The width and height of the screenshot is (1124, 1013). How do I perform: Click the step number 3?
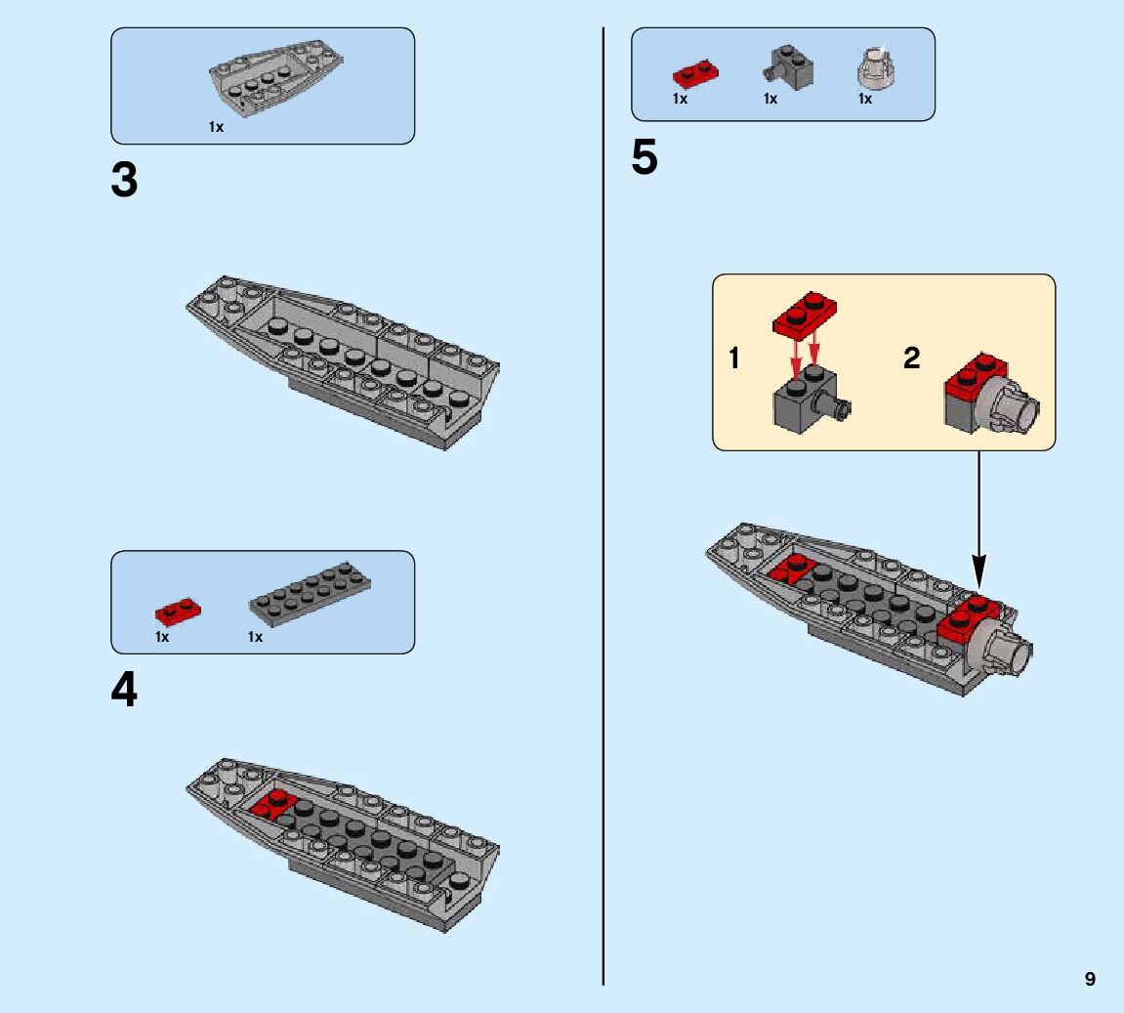(x=124, y=181)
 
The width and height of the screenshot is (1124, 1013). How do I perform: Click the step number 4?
(x=124, y=691)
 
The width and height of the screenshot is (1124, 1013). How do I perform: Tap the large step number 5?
(x=645, y=158)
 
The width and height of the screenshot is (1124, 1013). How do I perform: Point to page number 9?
(x=1090, y=980)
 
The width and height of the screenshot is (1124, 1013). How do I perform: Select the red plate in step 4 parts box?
(x=177, y=612)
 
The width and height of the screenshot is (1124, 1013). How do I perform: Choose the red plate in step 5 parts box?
(x=695, y=72)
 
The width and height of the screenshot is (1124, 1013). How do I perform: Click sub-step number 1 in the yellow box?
(x=733, y=359)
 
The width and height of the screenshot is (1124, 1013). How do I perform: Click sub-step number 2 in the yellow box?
(x=911, y=359)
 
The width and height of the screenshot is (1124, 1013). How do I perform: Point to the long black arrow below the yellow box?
(x=978, y=518)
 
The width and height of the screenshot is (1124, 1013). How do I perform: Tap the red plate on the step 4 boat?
(x=273, y=803)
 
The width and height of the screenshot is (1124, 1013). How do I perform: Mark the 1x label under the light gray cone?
(x=864, y=100)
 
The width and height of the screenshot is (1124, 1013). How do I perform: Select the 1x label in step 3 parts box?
(x=216, y=127)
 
